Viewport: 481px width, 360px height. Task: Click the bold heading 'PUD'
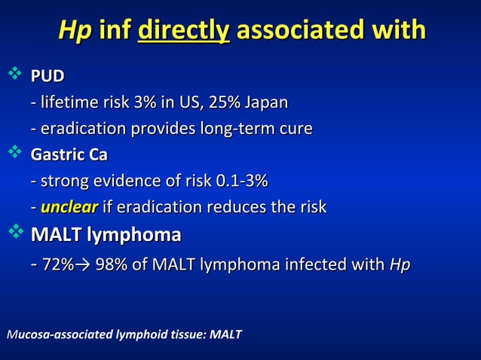pyautogui.click(x=47, y=76)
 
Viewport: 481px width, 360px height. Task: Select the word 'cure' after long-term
pyautogui.click(x=294, y=128)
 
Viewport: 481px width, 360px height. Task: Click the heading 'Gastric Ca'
pyautogui.click(x=69, y=155)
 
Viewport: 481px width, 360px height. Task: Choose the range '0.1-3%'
pyautogui.click(x=242, y=182)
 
